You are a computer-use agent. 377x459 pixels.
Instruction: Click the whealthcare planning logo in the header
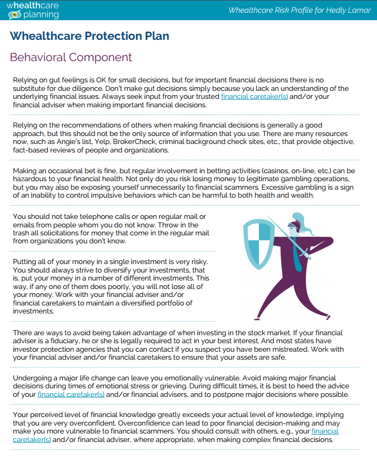(33, 10)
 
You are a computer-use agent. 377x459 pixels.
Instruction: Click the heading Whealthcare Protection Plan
(89, 37)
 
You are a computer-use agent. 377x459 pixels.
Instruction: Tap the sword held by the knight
(287, 238)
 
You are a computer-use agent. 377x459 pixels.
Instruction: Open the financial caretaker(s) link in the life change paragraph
(71, 395)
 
